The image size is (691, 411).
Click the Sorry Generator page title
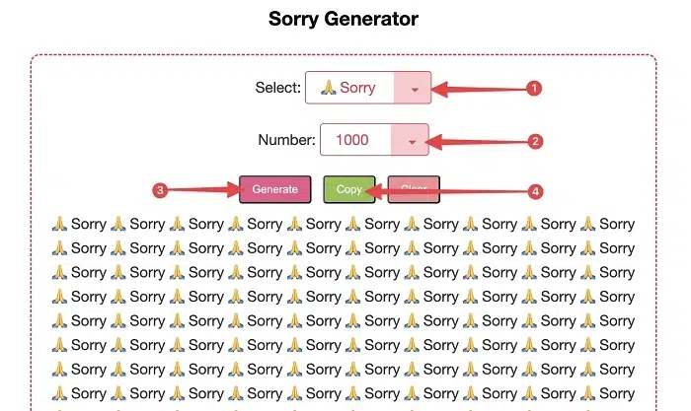click(344, 19)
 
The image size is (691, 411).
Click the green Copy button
click(348, 189)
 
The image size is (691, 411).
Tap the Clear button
click(414, 189)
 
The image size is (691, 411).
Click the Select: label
click(277, 88)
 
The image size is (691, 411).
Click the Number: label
click(286, 140)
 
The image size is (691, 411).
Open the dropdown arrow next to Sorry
click(415, 89)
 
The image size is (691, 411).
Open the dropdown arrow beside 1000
click(411, 141)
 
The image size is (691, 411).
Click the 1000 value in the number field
click(352, 140)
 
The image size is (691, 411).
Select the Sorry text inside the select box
click(357, 88)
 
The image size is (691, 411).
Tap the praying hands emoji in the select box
click(329, 88)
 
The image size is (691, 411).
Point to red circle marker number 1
click(534, 89)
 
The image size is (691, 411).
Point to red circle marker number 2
click(535, 141)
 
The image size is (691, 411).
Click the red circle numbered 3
click(159, 189)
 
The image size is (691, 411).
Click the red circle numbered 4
click(535, 190)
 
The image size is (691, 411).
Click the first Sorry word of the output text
click(88, 225)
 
